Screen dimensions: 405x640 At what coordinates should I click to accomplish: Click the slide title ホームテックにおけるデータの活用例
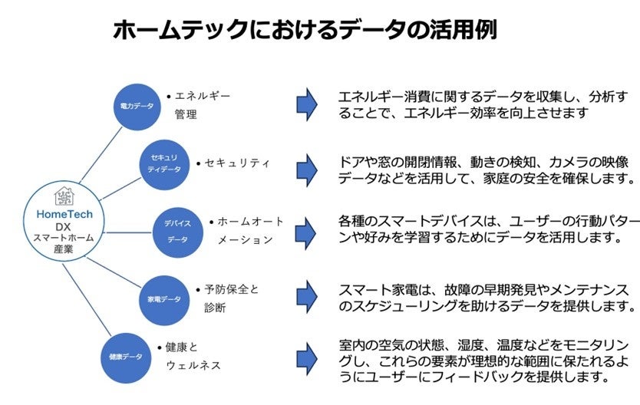click(305, 30)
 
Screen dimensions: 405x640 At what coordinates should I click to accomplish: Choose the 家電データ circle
click(163, 298)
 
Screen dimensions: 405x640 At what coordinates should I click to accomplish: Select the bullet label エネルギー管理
click(200, 104)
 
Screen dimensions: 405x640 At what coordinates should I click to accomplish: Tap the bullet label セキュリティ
click(234, 163)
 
